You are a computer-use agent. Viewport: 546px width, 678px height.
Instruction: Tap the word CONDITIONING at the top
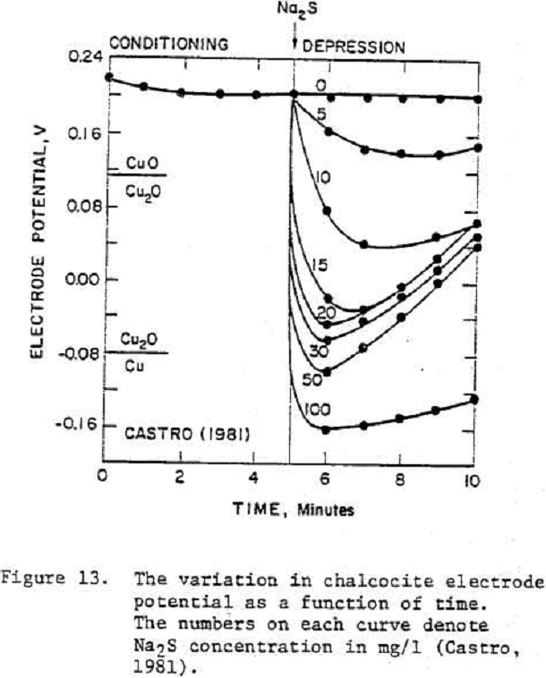[x=167, y=43]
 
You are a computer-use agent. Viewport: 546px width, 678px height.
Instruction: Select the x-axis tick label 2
[x=180, y=477]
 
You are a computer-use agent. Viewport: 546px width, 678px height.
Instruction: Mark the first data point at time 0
[x=108, y=78]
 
